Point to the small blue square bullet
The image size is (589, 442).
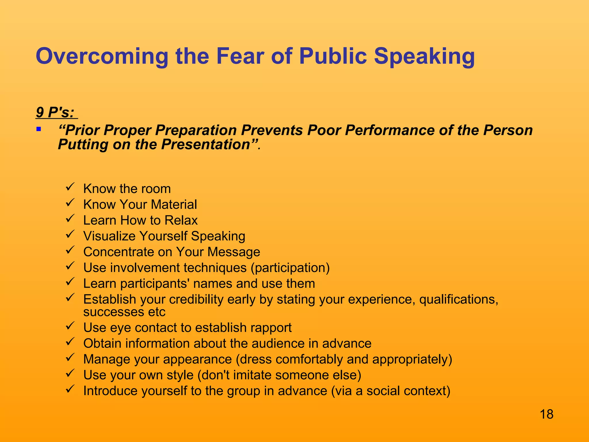tap(39, 129)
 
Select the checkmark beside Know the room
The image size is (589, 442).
tap(70, 187)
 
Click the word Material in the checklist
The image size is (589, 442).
tap(174, 205)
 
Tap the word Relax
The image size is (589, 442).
tap(181, 220)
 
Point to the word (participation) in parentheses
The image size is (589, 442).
tap(290, 268)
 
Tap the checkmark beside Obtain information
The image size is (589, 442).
tap(70, 342)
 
